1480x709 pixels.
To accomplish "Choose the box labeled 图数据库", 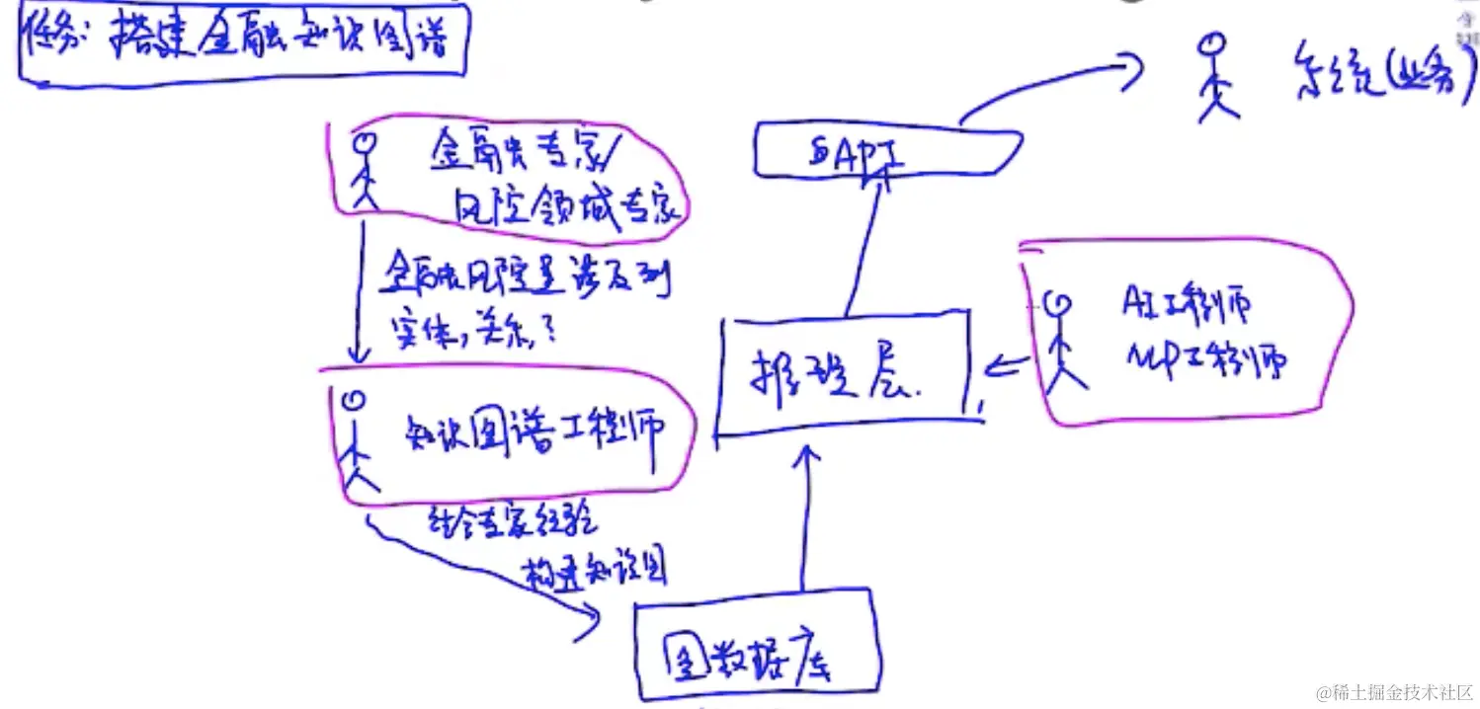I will (x=755, y=645).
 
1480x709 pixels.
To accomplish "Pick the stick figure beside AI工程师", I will (x=1063, y=340).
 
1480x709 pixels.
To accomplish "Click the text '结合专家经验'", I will (x=511, y=520).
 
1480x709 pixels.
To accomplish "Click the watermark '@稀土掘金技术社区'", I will (x=1393, y=692).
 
